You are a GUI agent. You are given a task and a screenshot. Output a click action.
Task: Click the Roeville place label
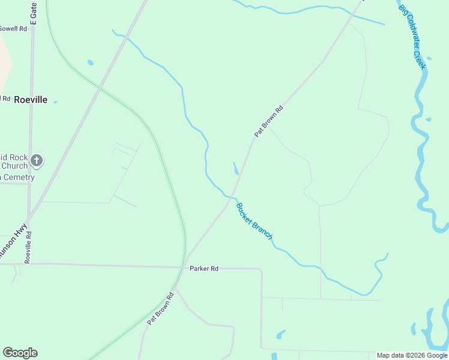(30, 100)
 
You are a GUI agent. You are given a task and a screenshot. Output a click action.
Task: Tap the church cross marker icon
(37, 160)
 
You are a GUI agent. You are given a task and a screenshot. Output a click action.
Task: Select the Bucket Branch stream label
(254, 222)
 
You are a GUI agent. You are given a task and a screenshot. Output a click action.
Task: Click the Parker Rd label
(203, 268)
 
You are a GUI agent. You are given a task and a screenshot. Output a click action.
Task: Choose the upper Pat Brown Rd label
(268, 122)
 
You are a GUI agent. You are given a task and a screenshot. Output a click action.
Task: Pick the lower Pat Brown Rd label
(161, 308)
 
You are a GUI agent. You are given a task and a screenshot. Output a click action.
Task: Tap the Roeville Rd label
(28, 248)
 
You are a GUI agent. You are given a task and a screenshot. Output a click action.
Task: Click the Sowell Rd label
(13, 28)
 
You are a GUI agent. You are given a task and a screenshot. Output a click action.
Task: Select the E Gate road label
(34, 12)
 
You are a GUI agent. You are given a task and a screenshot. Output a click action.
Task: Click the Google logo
(20, 353)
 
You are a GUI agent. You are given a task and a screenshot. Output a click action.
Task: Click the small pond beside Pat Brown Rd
(235, 168)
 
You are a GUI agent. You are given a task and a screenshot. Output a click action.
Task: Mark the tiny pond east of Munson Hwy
(90, 62)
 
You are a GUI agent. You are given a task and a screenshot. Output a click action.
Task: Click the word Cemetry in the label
(18, 177)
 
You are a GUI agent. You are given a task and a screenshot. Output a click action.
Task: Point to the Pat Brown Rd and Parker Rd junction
(182, 268)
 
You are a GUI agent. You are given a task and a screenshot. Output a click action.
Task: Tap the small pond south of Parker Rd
(280, 334)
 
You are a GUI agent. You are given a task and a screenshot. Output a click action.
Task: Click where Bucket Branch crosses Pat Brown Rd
(231, 197)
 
